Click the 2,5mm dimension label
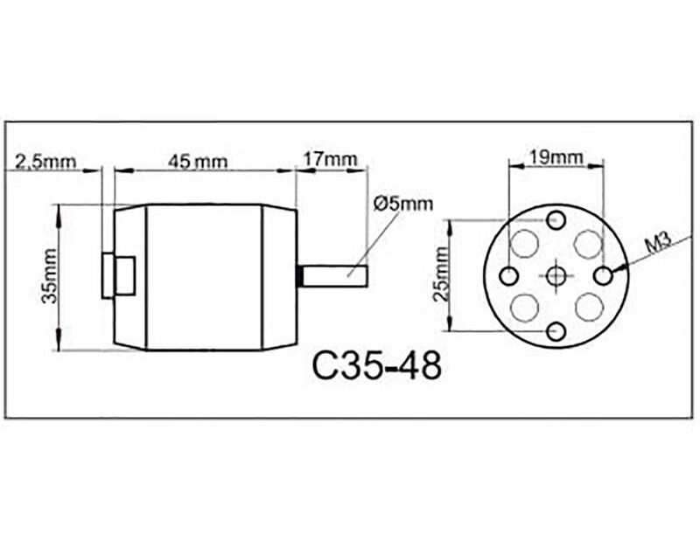click(x=45, y=161)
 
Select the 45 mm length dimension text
click(x=198, y=162)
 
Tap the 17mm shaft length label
click(x=330, y=159)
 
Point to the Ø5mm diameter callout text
click(x=403, y=204)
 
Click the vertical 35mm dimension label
click(x=50, y=276)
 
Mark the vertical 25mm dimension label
click(x=442, y=274)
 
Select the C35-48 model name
click(x=377, y=365)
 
